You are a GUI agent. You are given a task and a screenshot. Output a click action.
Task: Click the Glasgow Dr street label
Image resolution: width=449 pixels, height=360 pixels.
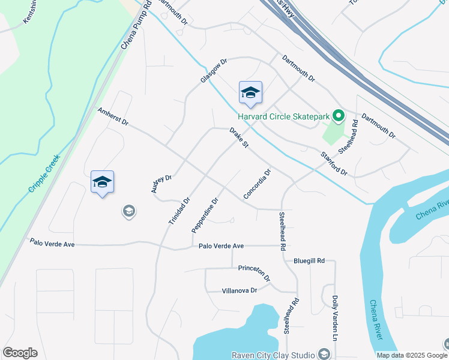pos(214,70)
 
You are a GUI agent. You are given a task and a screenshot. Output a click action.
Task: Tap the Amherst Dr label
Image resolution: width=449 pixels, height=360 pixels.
pos(113,116)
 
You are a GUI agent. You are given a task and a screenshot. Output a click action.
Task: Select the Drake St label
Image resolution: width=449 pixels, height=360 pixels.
pos(238,137)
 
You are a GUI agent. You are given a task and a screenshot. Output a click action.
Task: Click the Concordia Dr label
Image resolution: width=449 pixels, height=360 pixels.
pos(258,184)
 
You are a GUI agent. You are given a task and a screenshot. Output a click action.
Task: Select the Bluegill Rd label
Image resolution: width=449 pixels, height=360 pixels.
pos(309,261)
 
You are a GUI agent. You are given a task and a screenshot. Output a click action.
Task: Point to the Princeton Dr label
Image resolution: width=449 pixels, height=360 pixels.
pos(255,272)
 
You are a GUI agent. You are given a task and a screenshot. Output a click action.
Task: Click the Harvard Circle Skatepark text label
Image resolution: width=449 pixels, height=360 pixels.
pos(285,116)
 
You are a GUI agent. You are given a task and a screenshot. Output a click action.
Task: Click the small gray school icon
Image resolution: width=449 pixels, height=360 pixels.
pos(128,211)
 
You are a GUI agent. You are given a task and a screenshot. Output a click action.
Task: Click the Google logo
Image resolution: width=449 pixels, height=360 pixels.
pos(20,353)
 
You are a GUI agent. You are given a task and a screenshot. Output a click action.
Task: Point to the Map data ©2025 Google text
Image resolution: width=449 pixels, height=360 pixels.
pos(411,355)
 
